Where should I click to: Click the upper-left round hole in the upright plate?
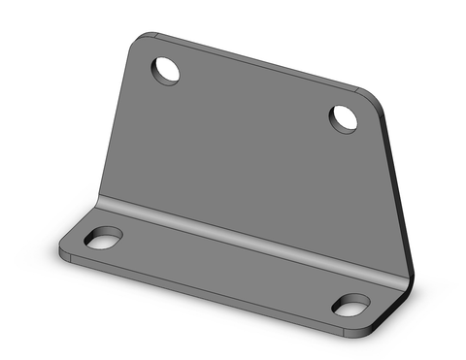click(x=166, y=70)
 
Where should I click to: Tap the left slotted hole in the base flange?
click(x=103, y=238)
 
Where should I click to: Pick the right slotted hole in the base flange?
click(x=350, y=304)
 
